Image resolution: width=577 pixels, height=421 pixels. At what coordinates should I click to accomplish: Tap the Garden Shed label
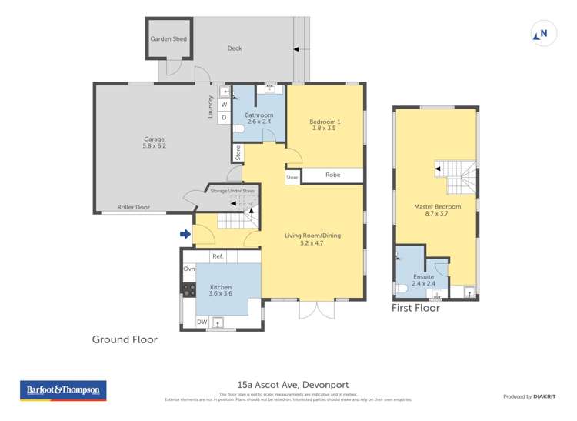point(168,39)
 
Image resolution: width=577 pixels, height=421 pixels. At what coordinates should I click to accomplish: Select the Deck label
point(235,48)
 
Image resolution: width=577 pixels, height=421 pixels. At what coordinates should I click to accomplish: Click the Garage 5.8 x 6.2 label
point(155,142)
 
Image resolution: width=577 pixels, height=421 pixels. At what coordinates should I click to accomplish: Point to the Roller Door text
point(133,207)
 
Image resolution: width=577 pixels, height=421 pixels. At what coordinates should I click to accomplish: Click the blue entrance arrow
point(185,234)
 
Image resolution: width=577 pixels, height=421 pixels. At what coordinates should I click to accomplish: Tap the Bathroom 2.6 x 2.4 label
point(259,119)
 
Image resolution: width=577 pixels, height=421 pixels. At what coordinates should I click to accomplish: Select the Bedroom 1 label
point(325,125)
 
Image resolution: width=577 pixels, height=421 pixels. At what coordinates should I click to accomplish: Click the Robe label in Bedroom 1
point(332,175)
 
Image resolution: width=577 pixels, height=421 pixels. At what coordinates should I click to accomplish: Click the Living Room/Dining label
point(312,239)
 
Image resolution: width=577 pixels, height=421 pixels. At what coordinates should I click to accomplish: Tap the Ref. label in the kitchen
point(218,256)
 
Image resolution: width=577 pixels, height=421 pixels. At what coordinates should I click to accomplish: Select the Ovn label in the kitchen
point(189,269)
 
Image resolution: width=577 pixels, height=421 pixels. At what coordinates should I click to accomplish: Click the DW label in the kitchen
point(202,322)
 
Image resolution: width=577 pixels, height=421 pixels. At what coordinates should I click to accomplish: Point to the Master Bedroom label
point(437,211)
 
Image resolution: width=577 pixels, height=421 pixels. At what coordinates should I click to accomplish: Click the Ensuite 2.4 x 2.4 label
point(423,280)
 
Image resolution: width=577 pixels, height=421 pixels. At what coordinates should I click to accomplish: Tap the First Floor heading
point(415,308)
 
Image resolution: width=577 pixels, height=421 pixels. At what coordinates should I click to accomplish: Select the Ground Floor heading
point(125,339)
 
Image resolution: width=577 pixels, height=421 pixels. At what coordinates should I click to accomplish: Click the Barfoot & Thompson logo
point(63,391)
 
